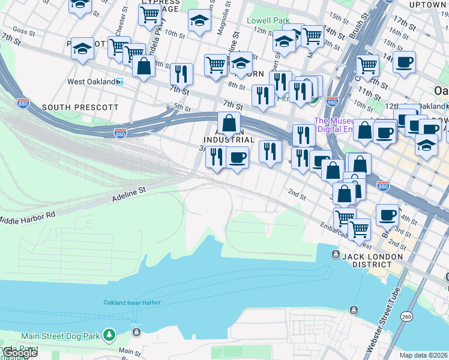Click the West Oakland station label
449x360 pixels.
click(x=91, y=82)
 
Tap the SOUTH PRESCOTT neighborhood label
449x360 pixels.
click(x=80, y=107)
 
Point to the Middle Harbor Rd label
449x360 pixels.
click(x=26, y=217)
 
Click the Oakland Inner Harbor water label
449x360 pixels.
click(x=131, y=302)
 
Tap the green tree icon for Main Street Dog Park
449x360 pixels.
click(x=109, y=334)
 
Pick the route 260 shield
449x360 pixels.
click(x=406, y=316)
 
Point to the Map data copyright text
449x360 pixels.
click(x=424, y=355)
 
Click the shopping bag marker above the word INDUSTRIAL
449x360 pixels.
click(x=229, y=124)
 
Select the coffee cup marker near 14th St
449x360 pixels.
click(x=405, y=62)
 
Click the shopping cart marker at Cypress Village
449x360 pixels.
click(x=149, y=16)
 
